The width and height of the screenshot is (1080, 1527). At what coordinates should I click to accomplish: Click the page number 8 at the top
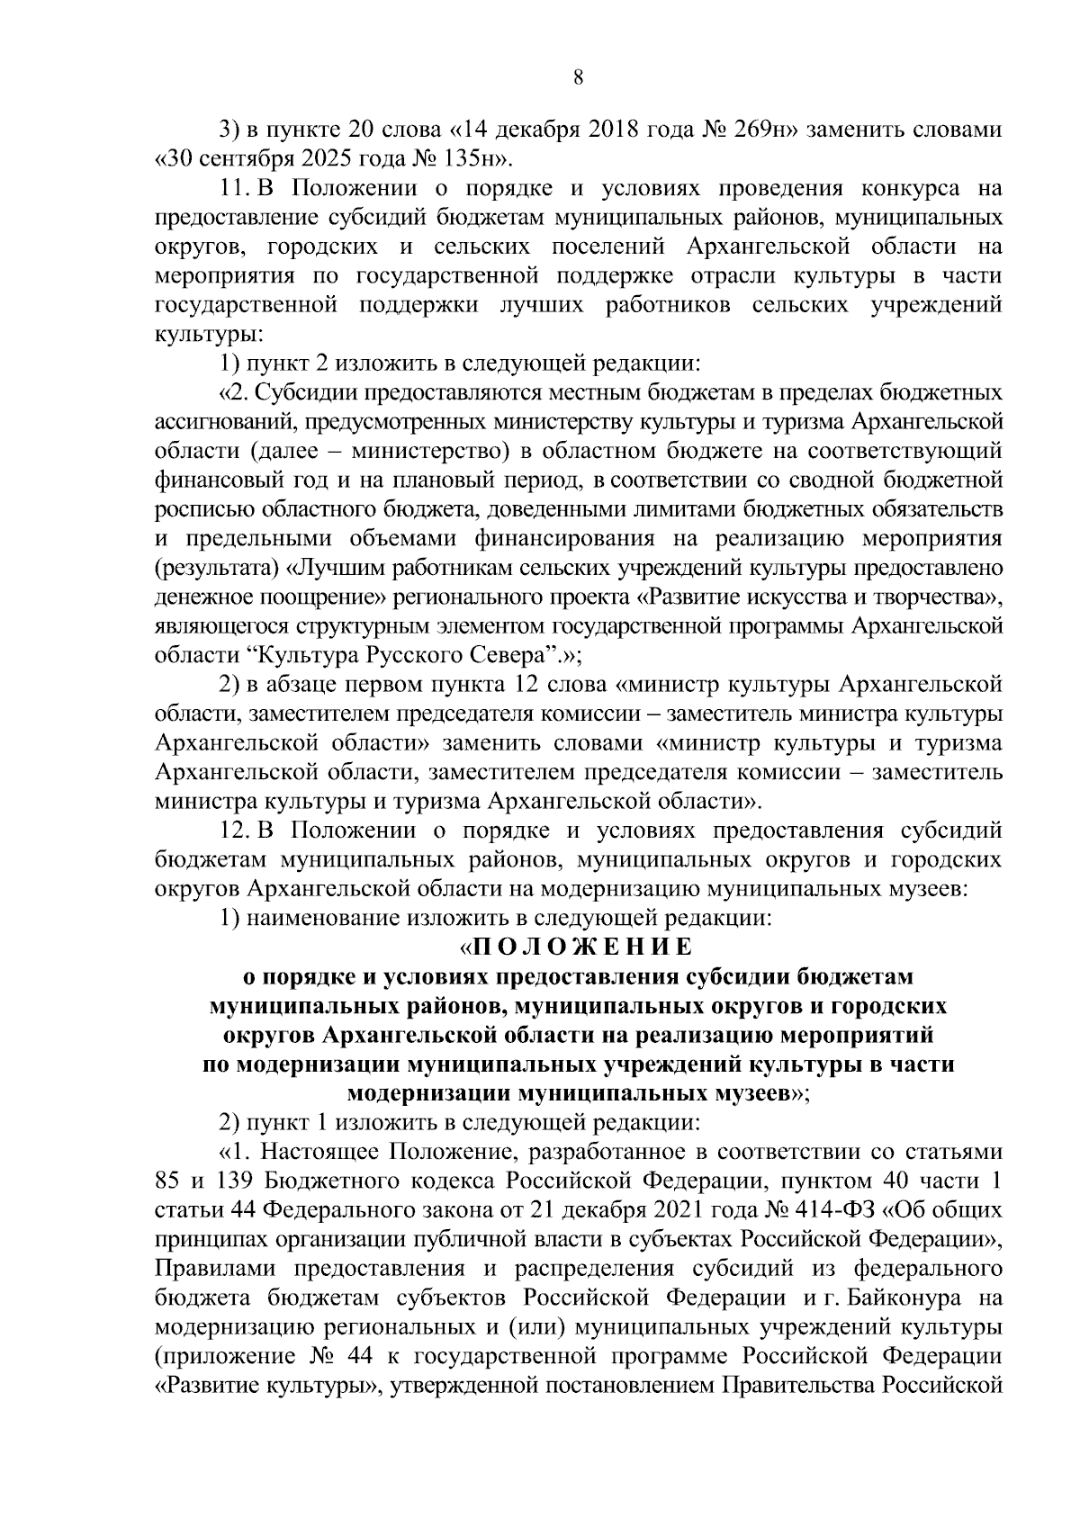(x=579, y=78)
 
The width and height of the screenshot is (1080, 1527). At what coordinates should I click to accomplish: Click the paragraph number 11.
(x=233, y=190)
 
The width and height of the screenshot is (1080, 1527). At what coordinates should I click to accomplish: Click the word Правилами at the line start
(x=209, y=1269)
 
